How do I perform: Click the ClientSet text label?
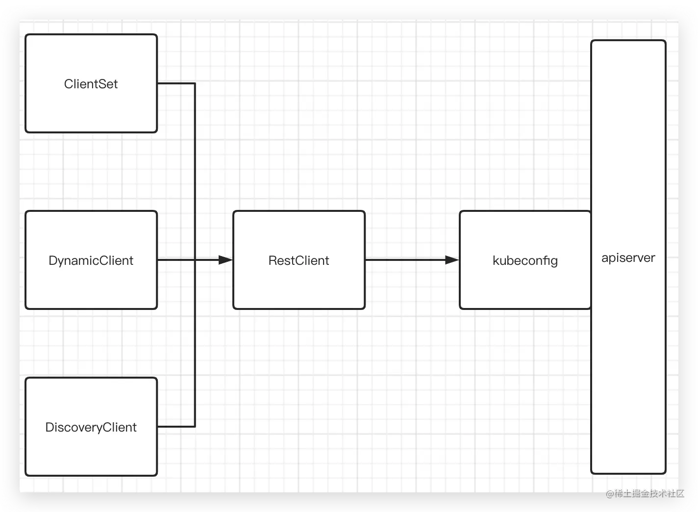(x=91, y=84)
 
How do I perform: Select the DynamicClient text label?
(x=91, y=261)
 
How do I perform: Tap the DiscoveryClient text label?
(x=91, y=428)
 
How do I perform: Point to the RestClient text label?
(x=299, y=261)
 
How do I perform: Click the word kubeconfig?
(x=525, y=261)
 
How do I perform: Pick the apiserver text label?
(x=628, y=258)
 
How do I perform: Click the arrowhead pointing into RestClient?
(x=225, y=260)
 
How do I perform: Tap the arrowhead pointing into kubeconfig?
(x=452, y=260)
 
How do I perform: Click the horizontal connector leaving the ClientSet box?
(x=176, y=83)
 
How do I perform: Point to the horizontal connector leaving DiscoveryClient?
(x=176, y=426)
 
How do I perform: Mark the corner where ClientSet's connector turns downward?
(x=195, y=83)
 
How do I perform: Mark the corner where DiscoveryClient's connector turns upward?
(x=195, y=426)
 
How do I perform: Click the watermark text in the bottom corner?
(x=645, y=493)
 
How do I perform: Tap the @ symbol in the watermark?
(x=610, y=493)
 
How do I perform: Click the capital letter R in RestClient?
(x=273, y=261)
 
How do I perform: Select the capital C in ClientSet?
(x=69, y=84)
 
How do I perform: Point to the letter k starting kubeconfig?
(x=496, y=260)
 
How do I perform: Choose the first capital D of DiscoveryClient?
(x=50, y=427)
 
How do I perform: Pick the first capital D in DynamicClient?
(x=53, y=260)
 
